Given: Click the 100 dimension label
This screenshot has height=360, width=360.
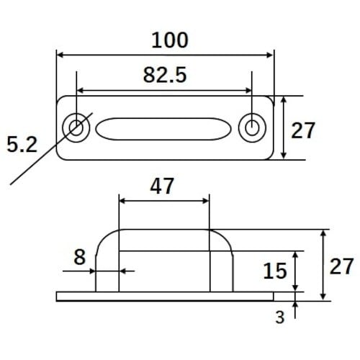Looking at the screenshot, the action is [170, 40].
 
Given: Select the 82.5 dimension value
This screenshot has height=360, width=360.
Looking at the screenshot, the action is [165, 75].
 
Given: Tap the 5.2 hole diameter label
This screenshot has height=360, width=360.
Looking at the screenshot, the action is [22, 145].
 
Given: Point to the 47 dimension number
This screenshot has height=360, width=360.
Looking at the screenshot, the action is [162, 186].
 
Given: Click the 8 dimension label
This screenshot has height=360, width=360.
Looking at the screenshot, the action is [80, 257].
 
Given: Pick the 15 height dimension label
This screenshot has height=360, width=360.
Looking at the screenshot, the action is [275, 271].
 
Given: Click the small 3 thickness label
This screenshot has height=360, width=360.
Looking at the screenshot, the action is [280, 318].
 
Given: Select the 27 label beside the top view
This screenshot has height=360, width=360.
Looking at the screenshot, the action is [302, 130].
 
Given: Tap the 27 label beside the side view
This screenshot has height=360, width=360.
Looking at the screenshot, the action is [341, 266].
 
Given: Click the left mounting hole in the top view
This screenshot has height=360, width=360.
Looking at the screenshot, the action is [76, 127].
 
